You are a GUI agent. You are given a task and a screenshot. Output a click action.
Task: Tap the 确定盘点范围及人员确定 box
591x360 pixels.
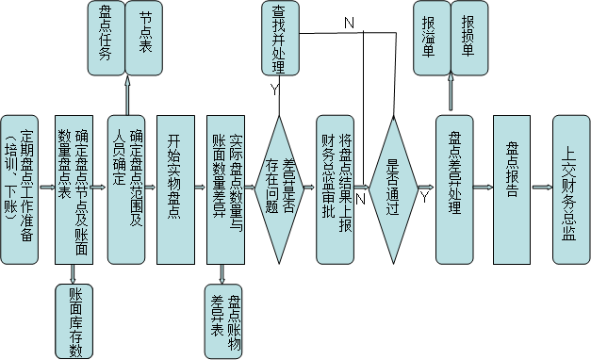[x=128, y=189]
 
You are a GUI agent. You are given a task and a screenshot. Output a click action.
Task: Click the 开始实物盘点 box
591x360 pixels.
[x=179, y=189]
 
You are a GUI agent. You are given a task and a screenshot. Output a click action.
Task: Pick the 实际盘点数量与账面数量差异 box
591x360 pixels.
[x=231, y=189]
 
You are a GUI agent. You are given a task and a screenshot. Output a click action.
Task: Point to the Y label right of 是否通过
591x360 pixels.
[x=425, y=198]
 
